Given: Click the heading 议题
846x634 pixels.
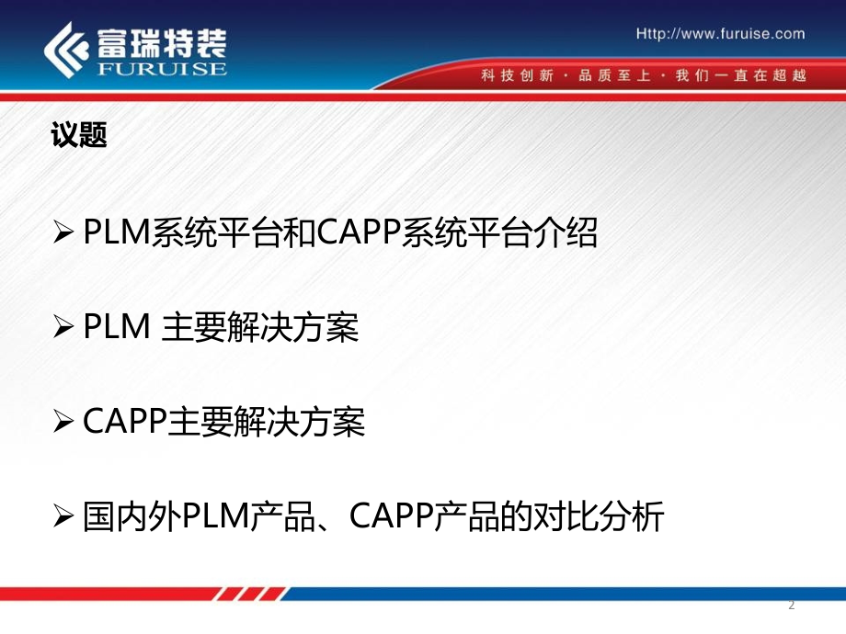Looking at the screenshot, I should click(79, 136).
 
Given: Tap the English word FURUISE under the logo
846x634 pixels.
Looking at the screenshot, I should click(159, 69).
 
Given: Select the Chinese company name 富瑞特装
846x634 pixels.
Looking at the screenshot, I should click(159, 40).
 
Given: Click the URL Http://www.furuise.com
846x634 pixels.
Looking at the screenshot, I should click(720, 34).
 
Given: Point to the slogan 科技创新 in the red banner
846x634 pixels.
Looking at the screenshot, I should click(517, 75).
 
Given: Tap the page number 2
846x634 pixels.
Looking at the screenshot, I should click(792, 605).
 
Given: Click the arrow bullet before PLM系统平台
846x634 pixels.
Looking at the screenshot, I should click(63, 234).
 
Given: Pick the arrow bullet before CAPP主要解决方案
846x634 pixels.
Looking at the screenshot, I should click(63, 423).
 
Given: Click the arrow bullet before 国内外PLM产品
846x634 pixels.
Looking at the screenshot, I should click(63, 518).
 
